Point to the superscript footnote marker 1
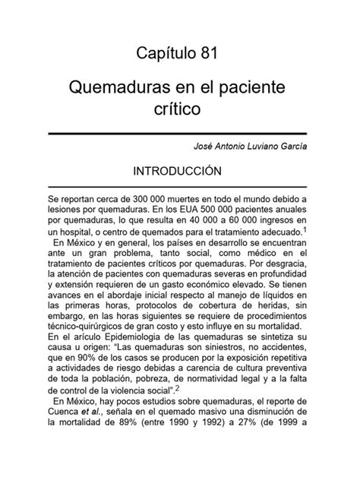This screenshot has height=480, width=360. [305, 227]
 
